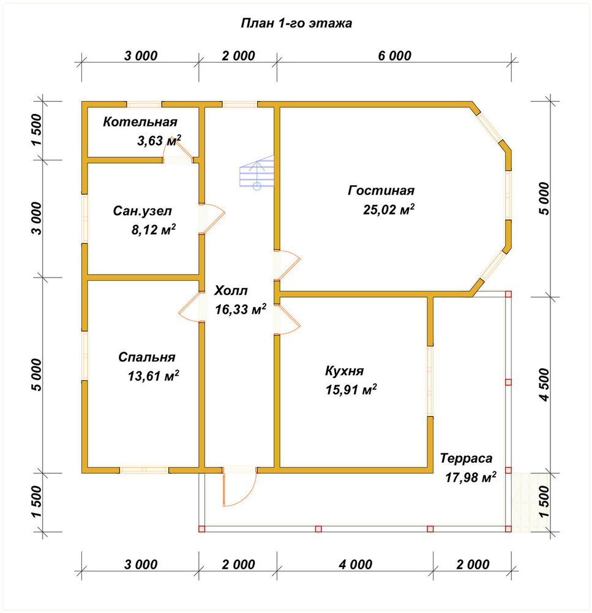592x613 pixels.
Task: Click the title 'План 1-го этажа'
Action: pyautogui.click(x=296, y=23)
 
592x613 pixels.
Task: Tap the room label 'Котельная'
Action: pyautogui.click(x=140, y=122)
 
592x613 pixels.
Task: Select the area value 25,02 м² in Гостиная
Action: pyautogui.click(x=389, y=209)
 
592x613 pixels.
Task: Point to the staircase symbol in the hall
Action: pyautogui.click(x=257, y=172)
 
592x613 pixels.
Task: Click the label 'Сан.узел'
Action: pyautogui.click(x=143, y=211)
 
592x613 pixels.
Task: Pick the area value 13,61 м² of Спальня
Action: pyautogui.click(x=154, y=376)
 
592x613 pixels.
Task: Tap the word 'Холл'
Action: pyautogui.click(x=231, y=291)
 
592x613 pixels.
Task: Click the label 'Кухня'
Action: pyautogui.click(x=344, y=371)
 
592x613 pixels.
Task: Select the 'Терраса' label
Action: pyautogui.click(x=466, y=458)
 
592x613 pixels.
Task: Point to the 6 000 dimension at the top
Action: pyautogui.click(x=394, y=56)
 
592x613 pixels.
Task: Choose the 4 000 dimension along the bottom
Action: pyautogui.click(x=355, y=565)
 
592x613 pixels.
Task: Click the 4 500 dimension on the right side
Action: pyautogui.click(x=544, y=385)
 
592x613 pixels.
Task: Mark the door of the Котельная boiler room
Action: pyautogui.click(x=178, y=151)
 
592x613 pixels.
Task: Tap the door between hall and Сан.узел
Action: pyautogui.click(x=212, y=219)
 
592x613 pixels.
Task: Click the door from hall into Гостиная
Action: pyautogui.click(x=287, y=265)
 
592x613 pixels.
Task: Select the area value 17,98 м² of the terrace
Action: pyautogui.click(x=471, y=477)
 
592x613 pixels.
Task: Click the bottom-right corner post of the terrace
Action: pyautogui.click(x=508, y=529)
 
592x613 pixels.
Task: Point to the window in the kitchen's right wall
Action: pyautogui.click(x=430, y=381)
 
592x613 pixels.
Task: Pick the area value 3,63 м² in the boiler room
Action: pyautogui.click(x=159, y=140)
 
